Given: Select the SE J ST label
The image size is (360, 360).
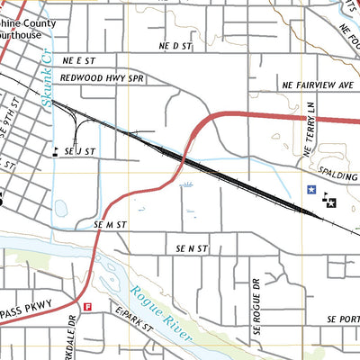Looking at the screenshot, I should [x=81, y=152].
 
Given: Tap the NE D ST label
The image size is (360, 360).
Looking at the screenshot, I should [x=176, y=45].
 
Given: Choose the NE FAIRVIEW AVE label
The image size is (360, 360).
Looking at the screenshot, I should [x=318, y=85].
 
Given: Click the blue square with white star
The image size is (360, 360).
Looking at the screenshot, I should [x=311, y=191].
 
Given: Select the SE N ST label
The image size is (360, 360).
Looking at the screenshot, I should [x=192, y=247].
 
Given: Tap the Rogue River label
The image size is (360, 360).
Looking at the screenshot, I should [x=162, y=311].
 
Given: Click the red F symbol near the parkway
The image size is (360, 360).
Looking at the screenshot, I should [x=87, y=307].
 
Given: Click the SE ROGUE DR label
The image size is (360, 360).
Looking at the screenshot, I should [x=256, y=294].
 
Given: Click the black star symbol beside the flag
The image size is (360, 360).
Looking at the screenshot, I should [x=331, y=204].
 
